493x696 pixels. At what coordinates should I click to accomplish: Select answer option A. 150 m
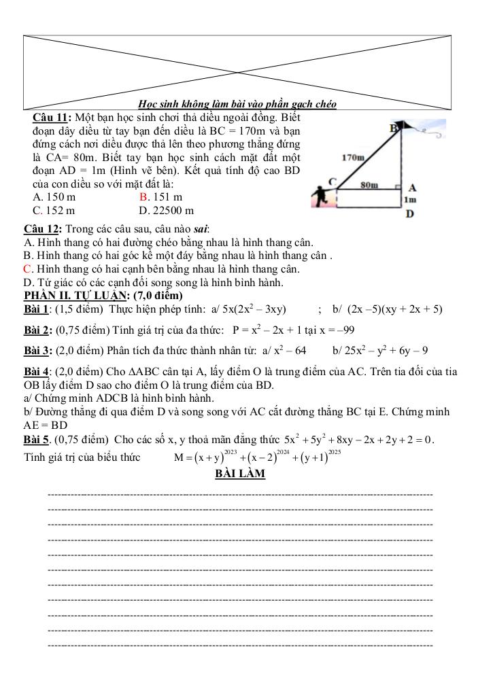54,198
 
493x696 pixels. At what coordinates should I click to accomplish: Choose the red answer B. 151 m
160,198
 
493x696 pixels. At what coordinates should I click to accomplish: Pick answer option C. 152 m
54,211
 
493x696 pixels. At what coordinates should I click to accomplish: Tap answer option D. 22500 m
166,211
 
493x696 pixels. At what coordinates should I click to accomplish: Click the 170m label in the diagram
353,157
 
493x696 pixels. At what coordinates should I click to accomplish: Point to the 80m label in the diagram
369,184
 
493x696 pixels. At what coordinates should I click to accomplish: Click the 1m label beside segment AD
409,201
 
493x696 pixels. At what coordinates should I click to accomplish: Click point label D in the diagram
409,215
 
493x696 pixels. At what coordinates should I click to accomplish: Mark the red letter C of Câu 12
28,269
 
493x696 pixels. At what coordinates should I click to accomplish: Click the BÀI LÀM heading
240,474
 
